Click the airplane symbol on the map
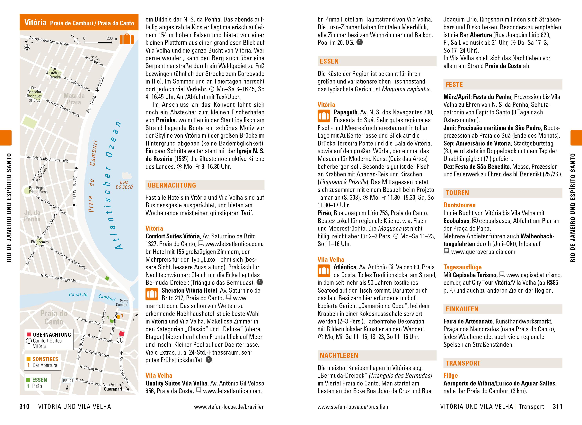(x=27, y=48)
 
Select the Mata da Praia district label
(x=74, y=99)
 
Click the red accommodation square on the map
(x=122, y=334)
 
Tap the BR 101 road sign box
(x=68, y=380)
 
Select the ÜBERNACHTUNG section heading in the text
(x=172, y=185)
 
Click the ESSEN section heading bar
(x=329, y=61)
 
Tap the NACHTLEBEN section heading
(x=339, y=356)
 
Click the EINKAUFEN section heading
(x=462, y=309)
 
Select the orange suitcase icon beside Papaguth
(x=324, y=116)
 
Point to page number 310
(x=25, y=407)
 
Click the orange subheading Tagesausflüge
(x=462, y=267)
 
